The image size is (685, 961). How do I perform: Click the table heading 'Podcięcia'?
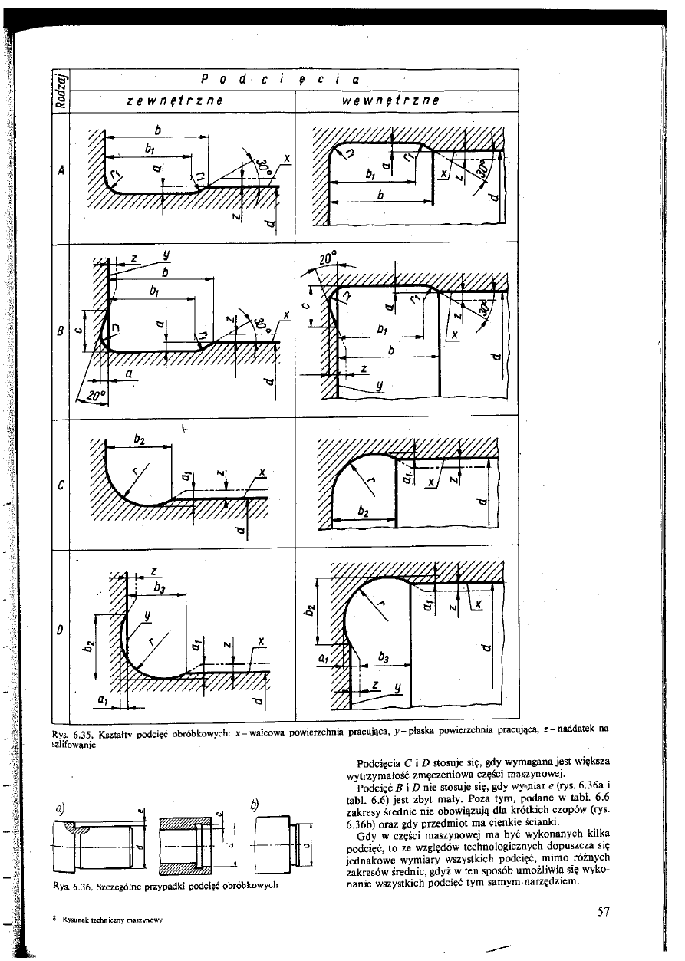point(281,79)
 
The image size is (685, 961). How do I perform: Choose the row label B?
point(59,332)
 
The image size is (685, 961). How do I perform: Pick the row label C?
point(59,485)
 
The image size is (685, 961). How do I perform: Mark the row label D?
point(59,630)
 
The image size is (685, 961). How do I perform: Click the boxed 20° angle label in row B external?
point(95,395)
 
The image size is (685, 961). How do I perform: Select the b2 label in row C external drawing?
point(140,439)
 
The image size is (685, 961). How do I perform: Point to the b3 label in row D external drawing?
point(160,587)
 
